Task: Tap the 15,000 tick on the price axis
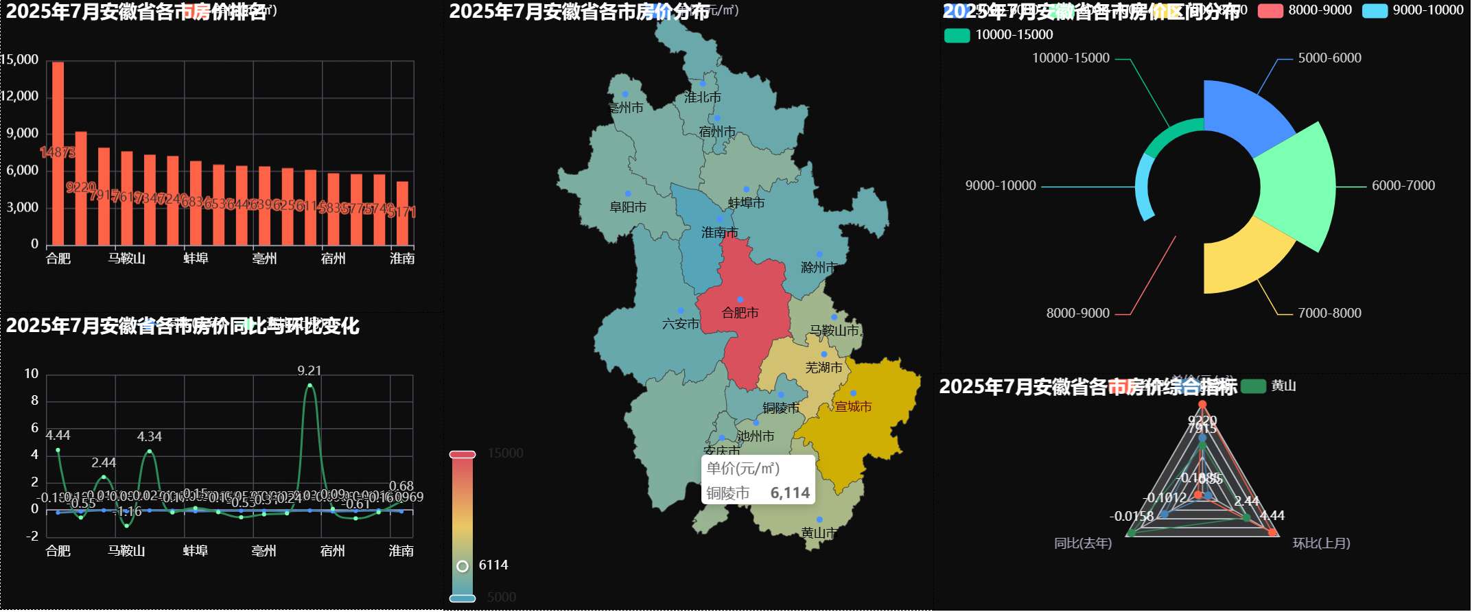coord(19,60)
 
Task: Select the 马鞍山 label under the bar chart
coord(126,259)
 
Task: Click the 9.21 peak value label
coord(309,370)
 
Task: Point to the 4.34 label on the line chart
coord(149,436)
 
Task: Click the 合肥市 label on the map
coord(740,313)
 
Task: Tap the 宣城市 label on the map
coord(853,407)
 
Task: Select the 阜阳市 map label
coord(628,207)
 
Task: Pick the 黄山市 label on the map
coord(819,533)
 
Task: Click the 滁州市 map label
coord(819,267)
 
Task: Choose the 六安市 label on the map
coord(681,324)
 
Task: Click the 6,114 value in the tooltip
coord(790,493)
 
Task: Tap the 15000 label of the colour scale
coord(505,454)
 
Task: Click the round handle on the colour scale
coord(463,566)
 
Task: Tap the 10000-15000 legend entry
coord(998,35)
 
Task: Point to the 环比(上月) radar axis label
coord(1321,543)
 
